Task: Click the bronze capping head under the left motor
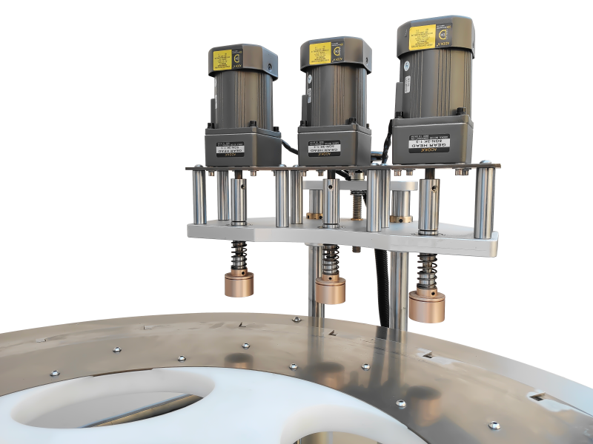pos(239,283)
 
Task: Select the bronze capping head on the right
pos(427,307)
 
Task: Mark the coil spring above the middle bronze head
pos(331,260)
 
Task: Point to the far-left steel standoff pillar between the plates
pos(199,196)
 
